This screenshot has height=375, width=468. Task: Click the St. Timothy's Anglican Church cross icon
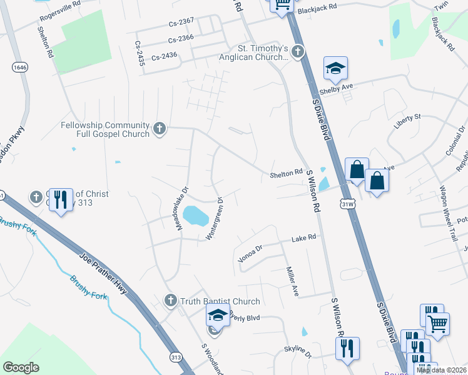(x=298, y=51)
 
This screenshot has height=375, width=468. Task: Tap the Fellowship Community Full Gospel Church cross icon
(x=160, y=129)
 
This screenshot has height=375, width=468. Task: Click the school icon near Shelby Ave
(x=335, y=69)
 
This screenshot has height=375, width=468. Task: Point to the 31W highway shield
(x=349, y=204)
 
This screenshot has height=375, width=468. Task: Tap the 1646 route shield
(x=19, y=66)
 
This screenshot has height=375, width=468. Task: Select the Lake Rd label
(x=305, y=238)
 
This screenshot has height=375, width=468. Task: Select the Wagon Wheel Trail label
(x=445, y=206)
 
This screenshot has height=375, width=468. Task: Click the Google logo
(x=21, y=367)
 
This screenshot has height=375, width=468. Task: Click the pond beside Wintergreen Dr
(x=196, y=217)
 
